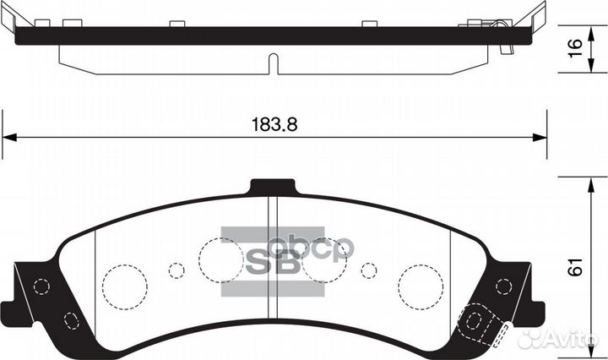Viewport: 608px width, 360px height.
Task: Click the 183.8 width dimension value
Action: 275,123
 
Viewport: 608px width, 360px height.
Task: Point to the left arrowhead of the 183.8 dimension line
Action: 10,138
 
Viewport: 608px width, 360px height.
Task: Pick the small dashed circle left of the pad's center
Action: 176,270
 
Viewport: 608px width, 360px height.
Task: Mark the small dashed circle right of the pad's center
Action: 368,270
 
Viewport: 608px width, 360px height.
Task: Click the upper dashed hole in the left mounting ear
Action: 39,286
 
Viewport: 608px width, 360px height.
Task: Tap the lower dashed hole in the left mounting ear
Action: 69,319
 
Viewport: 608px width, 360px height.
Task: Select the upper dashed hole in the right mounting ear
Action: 504,286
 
